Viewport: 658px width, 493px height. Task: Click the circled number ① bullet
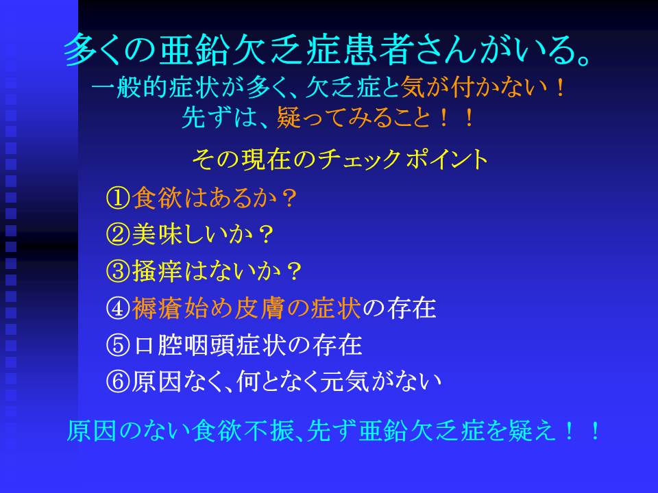pyautogui.click(x=118, y=198)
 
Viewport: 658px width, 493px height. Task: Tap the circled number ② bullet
pyautogui.click(x=118, y=234)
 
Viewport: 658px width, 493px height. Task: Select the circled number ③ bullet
pyautogui.click(x=118, y=271)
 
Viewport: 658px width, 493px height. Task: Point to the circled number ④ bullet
pyautogui.click(x=118, y=308)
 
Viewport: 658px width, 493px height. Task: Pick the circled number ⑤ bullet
pyautogui.click(x=118, y=345)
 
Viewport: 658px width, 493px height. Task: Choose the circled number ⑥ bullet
pyautogui.click(x=118, y=381)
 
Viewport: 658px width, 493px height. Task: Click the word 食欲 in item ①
pyautogui.click(x=157, y=198)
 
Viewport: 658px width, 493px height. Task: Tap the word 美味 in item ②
pyautogui.click(x=157, y=234)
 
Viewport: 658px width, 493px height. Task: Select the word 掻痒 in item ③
pyautogui.click(x=157, y=271)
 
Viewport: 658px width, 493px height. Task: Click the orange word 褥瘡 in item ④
pyautogui.click(x=157, y=308)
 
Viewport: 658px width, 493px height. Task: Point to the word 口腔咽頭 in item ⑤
pyautogui.click(x=184, y=345)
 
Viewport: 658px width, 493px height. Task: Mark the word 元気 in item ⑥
pyautogui.click(x=344, y=381)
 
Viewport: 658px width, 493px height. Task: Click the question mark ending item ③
pyautogui.click(x=293, y=272)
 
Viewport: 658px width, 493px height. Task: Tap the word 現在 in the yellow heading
pyautogui.click(x=266, y=160)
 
